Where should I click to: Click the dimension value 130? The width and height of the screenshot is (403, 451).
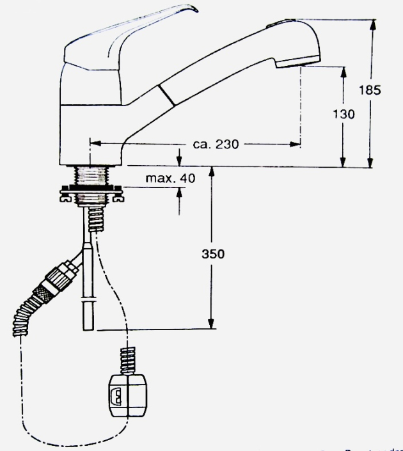344,114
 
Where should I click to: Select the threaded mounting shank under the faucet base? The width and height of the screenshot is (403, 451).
91,175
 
